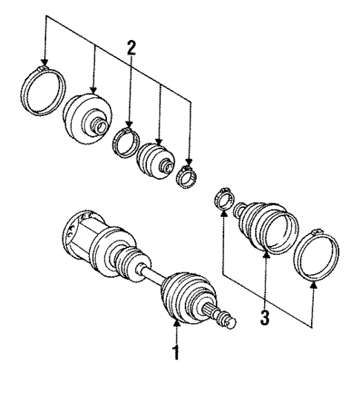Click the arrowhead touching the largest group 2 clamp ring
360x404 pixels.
tap(45, 64)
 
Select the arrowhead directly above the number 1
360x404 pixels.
tap(177, 323)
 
